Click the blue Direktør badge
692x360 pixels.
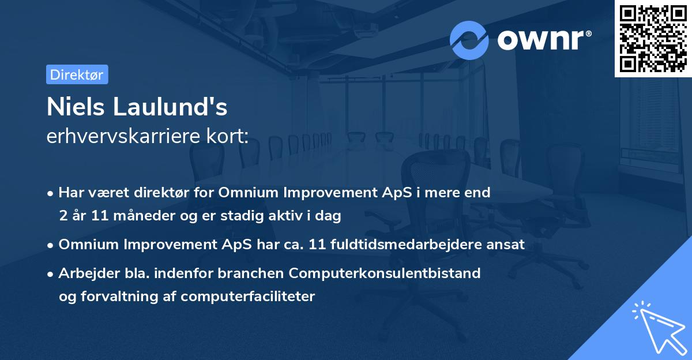pos(77,74)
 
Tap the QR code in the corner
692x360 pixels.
pos(653,39)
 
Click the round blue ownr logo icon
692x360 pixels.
pos(469,40)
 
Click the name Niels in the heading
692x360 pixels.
pos(76,107)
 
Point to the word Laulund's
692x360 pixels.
pos(170,107)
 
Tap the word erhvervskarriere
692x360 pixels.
pos(123,136)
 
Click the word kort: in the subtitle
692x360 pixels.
pos(227,136)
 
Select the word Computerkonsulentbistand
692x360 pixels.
pos(385,273)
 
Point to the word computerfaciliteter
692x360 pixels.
pos(248,297)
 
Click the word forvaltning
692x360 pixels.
pos(119,297)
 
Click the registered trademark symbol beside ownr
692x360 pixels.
pos(588,33)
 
